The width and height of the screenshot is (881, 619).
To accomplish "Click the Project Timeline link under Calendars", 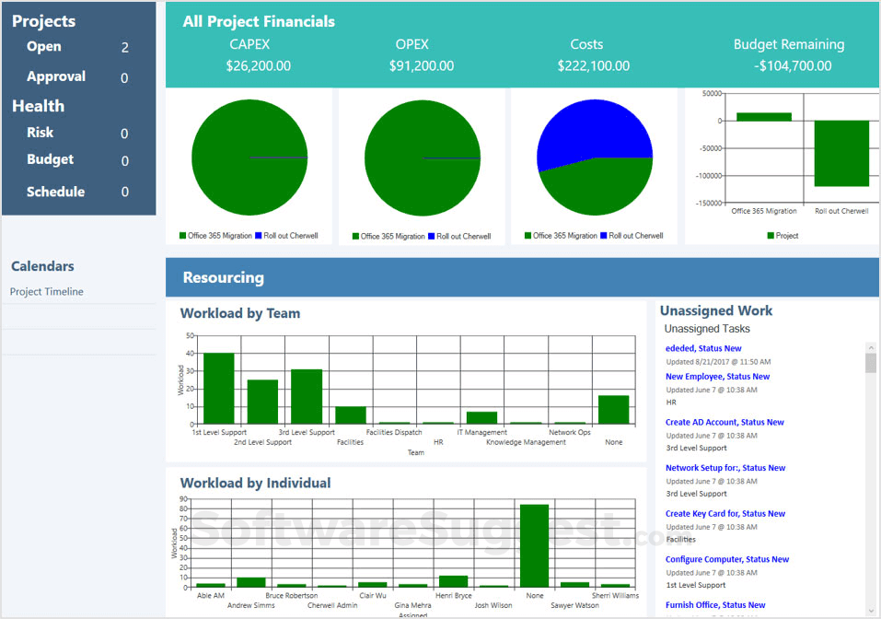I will [47, 292].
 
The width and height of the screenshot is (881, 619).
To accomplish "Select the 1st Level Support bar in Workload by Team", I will [219, 389].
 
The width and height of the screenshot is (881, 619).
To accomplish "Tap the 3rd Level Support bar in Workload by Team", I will [307, 396].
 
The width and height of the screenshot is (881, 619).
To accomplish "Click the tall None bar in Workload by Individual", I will [534, 545].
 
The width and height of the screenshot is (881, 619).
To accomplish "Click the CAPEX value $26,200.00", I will [258, 66].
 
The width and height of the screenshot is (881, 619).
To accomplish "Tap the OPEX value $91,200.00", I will [421, 66].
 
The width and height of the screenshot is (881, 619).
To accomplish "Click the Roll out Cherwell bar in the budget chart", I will [841, 153].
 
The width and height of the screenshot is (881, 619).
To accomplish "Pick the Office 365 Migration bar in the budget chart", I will [763, 116].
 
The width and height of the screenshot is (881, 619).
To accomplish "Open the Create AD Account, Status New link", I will [725, 423].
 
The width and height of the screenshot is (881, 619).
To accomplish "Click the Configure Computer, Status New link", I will [726, 560].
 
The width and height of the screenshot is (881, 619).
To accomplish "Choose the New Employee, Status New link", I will [717, 377].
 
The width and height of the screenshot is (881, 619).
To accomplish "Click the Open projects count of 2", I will [125, 48].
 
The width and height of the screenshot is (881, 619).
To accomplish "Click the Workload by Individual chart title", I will [255, 483].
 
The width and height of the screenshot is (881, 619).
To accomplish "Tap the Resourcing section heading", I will [223, 277].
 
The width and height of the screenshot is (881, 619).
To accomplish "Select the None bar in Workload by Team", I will [613, 409].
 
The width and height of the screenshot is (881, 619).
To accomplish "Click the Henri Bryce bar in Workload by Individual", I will [453, 581].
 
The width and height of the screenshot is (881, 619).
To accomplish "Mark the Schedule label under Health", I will [55, 192].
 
